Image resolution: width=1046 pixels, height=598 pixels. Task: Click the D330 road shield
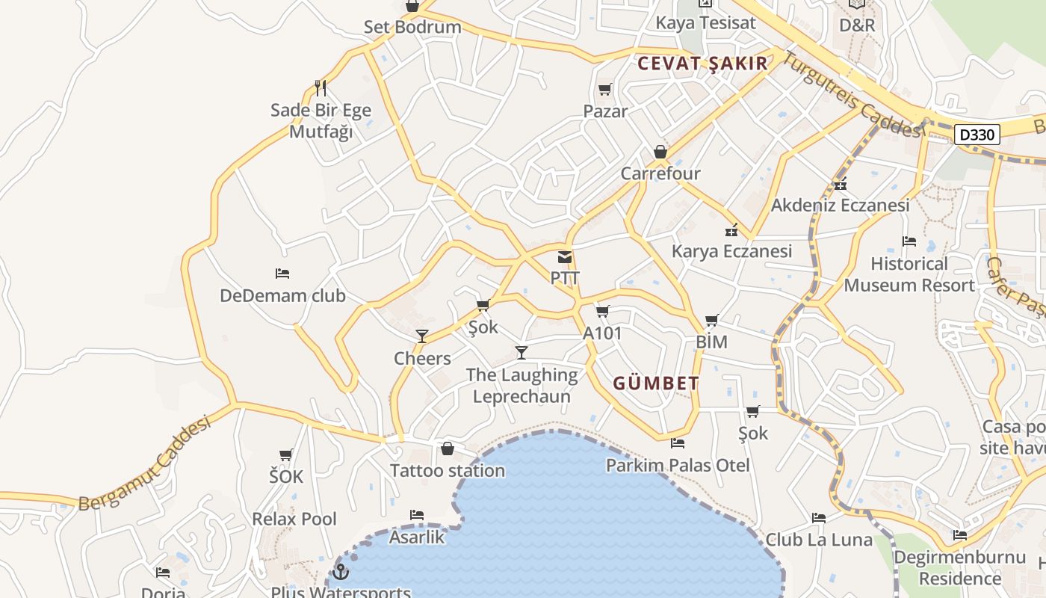coord(977,135)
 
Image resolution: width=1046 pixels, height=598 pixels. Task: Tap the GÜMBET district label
coord(656,383)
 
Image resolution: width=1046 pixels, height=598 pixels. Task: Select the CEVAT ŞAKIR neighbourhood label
coord(702,64)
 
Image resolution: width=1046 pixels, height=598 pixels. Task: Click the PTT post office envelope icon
coord(565,257)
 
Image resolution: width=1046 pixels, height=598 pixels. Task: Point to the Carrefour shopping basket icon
coord(660,152)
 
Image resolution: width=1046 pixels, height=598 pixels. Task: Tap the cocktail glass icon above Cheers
coord(422,336)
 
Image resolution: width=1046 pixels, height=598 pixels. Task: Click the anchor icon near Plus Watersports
coord(341,572)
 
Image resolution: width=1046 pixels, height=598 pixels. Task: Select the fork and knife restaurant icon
coord(321,88)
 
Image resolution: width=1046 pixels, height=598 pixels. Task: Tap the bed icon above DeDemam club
coord(282,274)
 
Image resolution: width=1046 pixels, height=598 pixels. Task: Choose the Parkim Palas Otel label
coord(678,465)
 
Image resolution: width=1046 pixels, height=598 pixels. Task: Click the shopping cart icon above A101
coord(603,311)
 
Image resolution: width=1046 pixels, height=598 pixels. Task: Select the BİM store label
coord(711,342)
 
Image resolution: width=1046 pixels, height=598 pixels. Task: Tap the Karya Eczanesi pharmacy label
coord(731,250)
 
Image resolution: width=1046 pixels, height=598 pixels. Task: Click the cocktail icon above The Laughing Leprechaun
coord(522,352)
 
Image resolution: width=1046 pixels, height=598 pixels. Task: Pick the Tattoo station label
coord(448,470)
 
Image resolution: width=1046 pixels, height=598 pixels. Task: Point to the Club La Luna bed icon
coord(819,517)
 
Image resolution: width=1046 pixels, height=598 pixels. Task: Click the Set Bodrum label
coord(412,27)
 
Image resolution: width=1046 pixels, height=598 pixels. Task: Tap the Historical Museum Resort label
coord(909,274)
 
